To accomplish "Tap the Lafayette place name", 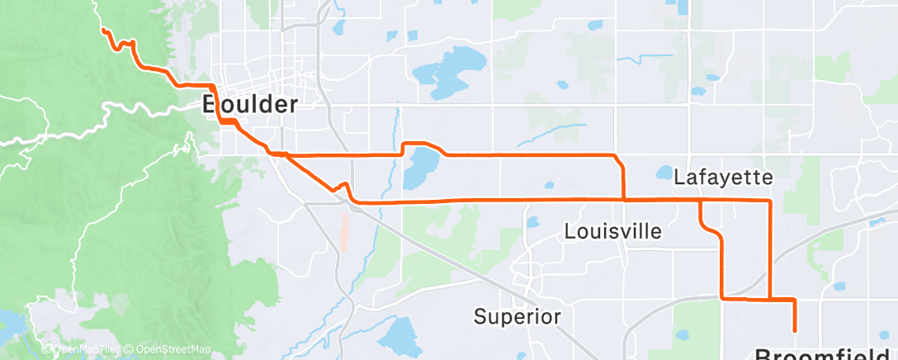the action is coord(723,178).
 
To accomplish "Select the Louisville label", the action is coord(613,231).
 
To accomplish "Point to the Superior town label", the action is coord(518,316).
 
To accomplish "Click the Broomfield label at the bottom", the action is coord(825,354).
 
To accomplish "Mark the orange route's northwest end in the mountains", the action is coord(103,30).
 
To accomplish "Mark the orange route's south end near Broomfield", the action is coord(795,330).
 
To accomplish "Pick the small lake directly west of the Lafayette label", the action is coord(664,173).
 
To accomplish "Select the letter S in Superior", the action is coord(480,316).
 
